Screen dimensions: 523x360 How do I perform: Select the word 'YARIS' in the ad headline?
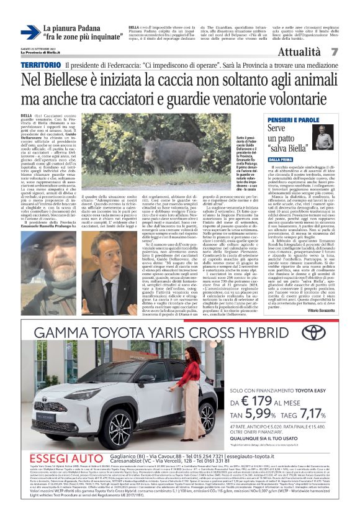[x=173, y=334]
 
